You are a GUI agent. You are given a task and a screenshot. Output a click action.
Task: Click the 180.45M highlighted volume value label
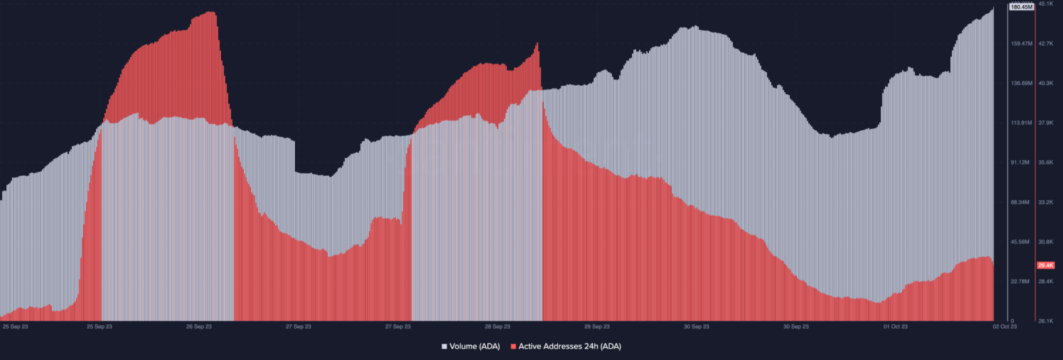[1021, 7]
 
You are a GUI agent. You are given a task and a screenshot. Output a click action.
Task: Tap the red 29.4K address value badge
[1045, 265]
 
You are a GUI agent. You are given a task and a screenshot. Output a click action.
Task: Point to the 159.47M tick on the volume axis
[1021, 44]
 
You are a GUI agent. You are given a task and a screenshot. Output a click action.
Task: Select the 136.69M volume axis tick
[1021, 83]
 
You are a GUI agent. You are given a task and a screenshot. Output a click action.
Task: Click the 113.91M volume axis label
[1021, 123]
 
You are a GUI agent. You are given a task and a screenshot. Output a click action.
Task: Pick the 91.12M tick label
[1021, 163]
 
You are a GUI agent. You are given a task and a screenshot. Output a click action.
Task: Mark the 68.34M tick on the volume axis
[1021, 202]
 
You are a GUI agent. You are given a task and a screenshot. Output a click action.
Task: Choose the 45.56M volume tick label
[1021, 242]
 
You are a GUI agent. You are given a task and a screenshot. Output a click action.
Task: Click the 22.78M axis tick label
[1021, 282]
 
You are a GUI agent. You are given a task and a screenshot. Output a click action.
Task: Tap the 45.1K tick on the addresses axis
[1045, 3]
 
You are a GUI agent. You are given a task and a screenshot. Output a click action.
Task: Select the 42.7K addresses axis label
[1045, 44]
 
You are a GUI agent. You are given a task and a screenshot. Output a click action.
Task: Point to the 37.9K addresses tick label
[1045, 123]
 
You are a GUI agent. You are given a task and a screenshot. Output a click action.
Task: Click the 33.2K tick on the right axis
[1045, 202]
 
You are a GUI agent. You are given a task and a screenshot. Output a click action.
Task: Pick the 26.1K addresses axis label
[1045, 321]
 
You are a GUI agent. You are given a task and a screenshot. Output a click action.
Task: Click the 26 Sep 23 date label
[199, 326]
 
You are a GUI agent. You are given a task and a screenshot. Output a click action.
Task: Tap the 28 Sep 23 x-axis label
[497, 326]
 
